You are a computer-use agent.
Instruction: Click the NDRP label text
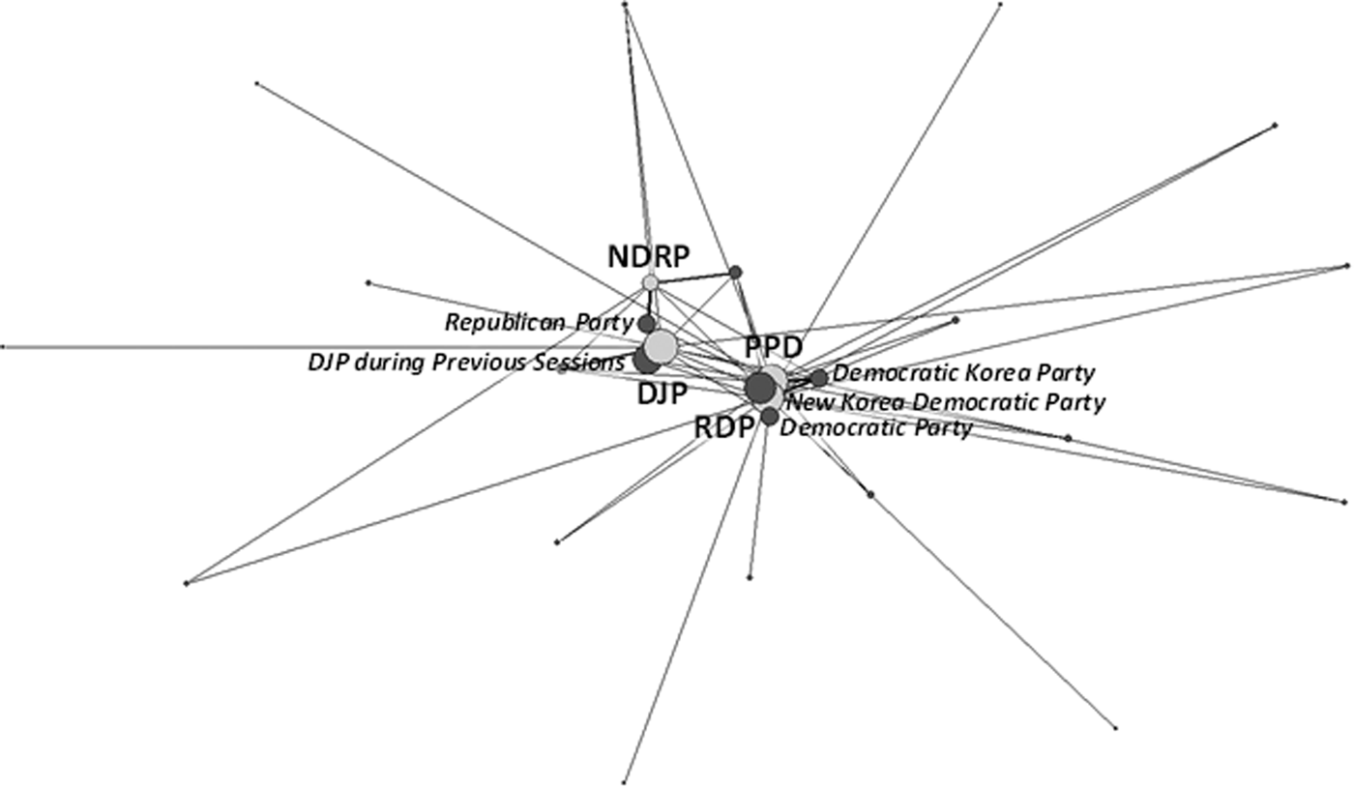point(648,257)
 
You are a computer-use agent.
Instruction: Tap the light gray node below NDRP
point(650,282)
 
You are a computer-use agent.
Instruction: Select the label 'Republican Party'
point(539,321)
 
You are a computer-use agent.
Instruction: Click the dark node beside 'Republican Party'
point(646,324)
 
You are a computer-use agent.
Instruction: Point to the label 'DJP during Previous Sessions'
point(466,363)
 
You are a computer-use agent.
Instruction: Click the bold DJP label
point(662,393)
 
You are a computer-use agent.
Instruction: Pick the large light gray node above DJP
point(661,346)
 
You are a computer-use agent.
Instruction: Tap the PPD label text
point(773,348)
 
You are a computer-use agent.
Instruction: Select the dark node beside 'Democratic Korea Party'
point(819,378)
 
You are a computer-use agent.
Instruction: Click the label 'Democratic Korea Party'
point(963,373)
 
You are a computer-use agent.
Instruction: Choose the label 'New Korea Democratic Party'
point(946,402)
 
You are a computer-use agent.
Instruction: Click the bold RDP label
point(723,426)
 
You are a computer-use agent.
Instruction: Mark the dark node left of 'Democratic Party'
point(769,417)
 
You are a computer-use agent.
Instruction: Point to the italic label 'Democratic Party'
point(875,427)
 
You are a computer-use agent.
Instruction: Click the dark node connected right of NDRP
point(735,272)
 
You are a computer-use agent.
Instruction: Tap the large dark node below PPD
point(760,388)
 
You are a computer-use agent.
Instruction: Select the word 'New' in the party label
point(805,402)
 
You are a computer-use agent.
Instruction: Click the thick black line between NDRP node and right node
point(692,277)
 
